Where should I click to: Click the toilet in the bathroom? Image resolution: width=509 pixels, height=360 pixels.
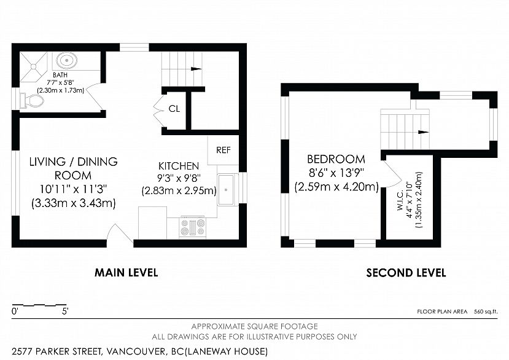[29, 101]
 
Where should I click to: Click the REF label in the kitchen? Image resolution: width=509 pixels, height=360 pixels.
[223, 150]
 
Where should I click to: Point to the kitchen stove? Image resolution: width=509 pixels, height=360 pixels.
[193, 227]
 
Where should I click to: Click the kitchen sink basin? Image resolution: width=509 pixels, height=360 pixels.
[228, 190]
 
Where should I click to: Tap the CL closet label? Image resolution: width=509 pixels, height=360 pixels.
[174, 109]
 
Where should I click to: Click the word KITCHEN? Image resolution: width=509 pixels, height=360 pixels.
[179, 166]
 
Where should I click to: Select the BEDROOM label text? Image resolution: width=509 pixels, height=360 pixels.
[336, 159]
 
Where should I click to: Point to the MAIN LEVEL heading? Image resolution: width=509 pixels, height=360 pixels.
[126, 272]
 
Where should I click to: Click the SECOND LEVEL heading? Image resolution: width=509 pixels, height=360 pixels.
[406, 273]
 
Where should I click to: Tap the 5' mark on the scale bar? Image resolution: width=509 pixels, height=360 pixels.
[65, 311]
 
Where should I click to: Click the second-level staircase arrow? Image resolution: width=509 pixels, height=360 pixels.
[422, 131]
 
